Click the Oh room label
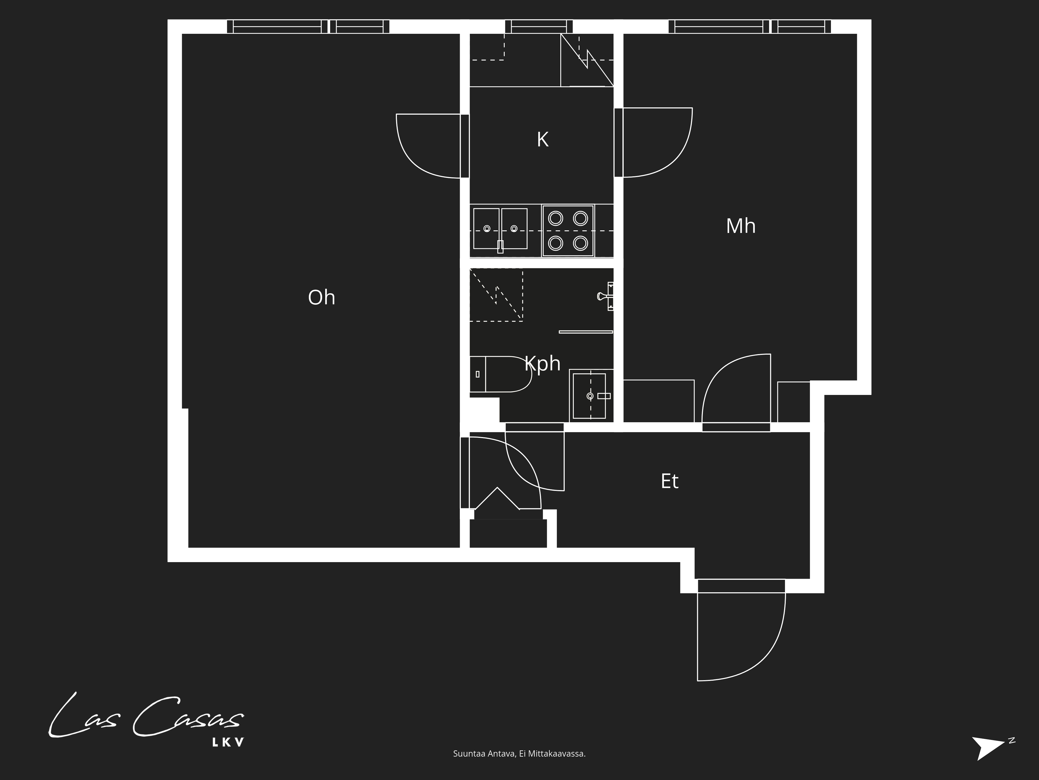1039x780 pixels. [322, 298]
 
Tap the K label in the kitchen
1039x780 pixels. [543, 140]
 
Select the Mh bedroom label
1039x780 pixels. [741, 226]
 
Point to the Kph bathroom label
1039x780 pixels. [543, 363]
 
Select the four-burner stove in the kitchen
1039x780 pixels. [568, 231]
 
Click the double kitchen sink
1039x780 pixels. [500, 229]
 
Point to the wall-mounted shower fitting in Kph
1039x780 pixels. [606, 296]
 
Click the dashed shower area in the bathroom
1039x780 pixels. [496, 295]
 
